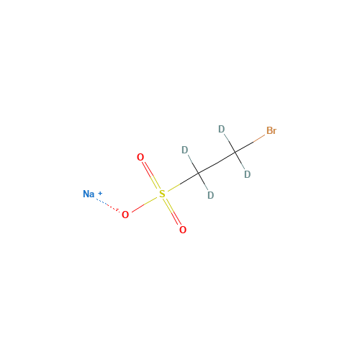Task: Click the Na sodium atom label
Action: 89,194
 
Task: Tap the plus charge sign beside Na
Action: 100,193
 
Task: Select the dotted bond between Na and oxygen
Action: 108,205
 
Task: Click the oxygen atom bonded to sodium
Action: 125,215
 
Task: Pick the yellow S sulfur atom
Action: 162,194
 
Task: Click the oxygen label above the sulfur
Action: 140,157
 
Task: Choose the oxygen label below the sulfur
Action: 183,230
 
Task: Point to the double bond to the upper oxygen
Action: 151,175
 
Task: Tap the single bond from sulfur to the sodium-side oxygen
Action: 145,204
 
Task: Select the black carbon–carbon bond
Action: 217,163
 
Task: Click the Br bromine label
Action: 271,130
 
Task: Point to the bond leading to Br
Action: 250,143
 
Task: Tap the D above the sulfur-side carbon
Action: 185,150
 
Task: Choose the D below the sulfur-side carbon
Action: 210,195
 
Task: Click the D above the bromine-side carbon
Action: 222,129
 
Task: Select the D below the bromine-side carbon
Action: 247,174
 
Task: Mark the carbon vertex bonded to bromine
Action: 235,152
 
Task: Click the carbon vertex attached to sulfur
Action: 199,173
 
